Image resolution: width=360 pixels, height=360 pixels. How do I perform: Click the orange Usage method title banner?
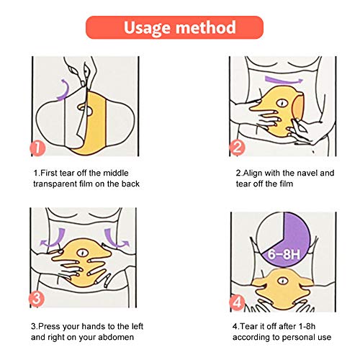click(x=175, y=27)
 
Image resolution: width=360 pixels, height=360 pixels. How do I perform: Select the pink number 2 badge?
click(x=237, y=148)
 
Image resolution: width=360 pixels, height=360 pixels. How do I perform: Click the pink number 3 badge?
click(x=37, y=299)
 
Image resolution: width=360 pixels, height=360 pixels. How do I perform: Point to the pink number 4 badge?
click(x=237, y=302)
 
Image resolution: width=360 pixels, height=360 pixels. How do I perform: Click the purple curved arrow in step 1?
click(x=65, y=90)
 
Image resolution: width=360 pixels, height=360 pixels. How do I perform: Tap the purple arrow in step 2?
click(x=283, y=81)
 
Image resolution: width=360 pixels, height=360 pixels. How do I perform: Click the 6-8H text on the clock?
click(x=284, y=254)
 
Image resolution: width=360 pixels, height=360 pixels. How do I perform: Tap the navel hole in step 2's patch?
click(x=282, y=103)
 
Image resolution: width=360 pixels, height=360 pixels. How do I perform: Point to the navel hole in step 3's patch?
click(x=82, y=253)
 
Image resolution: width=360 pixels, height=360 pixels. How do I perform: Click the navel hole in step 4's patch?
click(x=283, y=281)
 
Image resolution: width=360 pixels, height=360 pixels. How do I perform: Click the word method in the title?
click(x=206, y=27)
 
